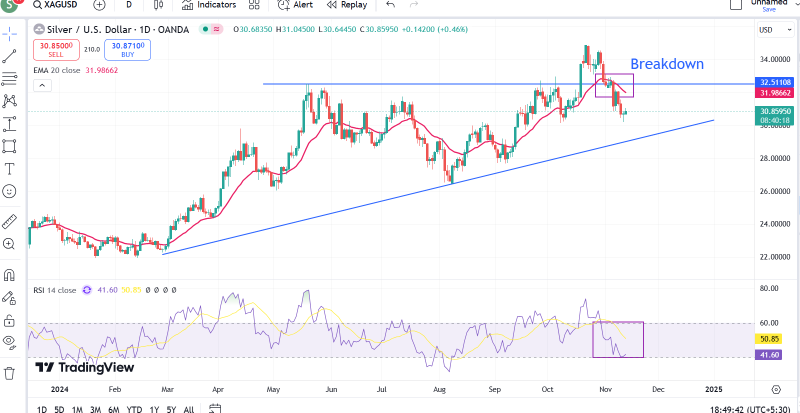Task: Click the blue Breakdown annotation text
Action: [x=667, y=64]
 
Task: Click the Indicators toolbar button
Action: [x=209, y=5]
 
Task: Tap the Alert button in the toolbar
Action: [x=295, y=5]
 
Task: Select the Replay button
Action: [x=347, y=5]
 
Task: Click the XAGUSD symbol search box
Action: [x=55, y=5]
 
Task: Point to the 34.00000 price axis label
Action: [x=775, y=59]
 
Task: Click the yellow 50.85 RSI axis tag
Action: [x=769, y=339]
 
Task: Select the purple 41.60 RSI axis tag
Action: [x=769, y=355]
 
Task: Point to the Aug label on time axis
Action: [x=439, y=389]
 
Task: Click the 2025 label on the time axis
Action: [x=713, y=389]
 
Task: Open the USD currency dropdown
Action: [x=775, y=30]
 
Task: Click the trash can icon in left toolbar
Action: [x=9, y=373]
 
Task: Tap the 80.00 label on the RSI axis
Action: [x=769, y=288]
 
